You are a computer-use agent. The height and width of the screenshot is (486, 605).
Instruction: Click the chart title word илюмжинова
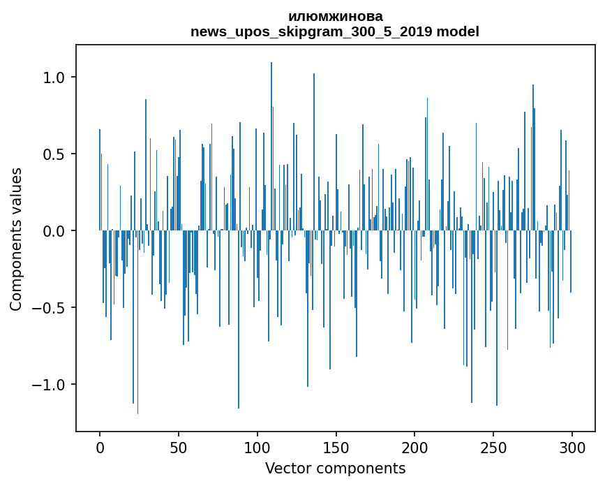(x=335, y=17)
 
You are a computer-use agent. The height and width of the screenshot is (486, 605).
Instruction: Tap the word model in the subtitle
(x=458, y=31)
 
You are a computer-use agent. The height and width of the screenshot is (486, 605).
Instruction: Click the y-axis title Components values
(x=16, y=239)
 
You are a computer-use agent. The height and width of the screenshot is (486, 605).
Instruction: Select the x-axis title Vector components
(x=335, y=468)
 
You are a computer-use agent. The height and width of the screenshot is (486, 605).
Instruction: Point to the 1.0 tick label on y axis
(x=55, y=77)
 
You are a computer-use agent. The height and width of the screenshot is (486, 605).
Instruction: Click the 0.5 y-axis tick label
(x=55, y=154)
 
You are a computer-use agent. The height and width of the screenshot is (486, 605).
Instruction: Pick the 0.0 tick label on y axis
(x=55, y=231)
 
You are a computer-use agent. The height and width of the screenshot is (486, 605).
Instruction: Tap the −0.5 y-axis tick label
(x=50, y=308)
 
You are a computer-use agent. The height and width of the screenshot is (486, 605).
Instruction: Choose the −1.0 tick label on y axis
(x=50, y=385)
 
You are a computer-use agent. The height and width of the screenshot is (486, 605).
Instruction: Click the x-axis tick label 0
(x=100, y=448)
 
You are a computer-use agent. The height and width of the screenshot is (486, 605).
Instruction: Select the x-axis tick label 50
(x=179, y=448)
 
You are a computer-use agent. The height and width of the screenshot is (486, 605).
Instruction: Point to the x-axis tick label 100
(x=257, y=448)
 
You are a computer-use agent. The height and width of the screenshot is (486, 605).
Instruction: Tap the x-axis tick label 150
(x=336, y=448)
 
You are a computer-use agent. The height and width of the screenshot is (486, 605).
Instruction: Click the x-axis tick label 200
(x=414, y=448)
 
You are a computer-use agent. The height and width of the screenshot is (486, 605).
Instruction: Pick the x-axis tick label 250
(x=493, y=448)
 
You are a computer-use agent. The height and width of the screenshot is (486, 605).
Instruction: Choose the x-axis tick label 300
(x=572, y=448)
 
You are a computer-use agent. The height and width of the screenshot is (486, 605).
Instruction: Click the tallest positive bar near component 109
(x=271, y=140)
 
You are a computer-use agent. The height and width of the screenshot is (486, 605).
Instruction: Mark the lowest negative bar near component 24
(x=137, y=328)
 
